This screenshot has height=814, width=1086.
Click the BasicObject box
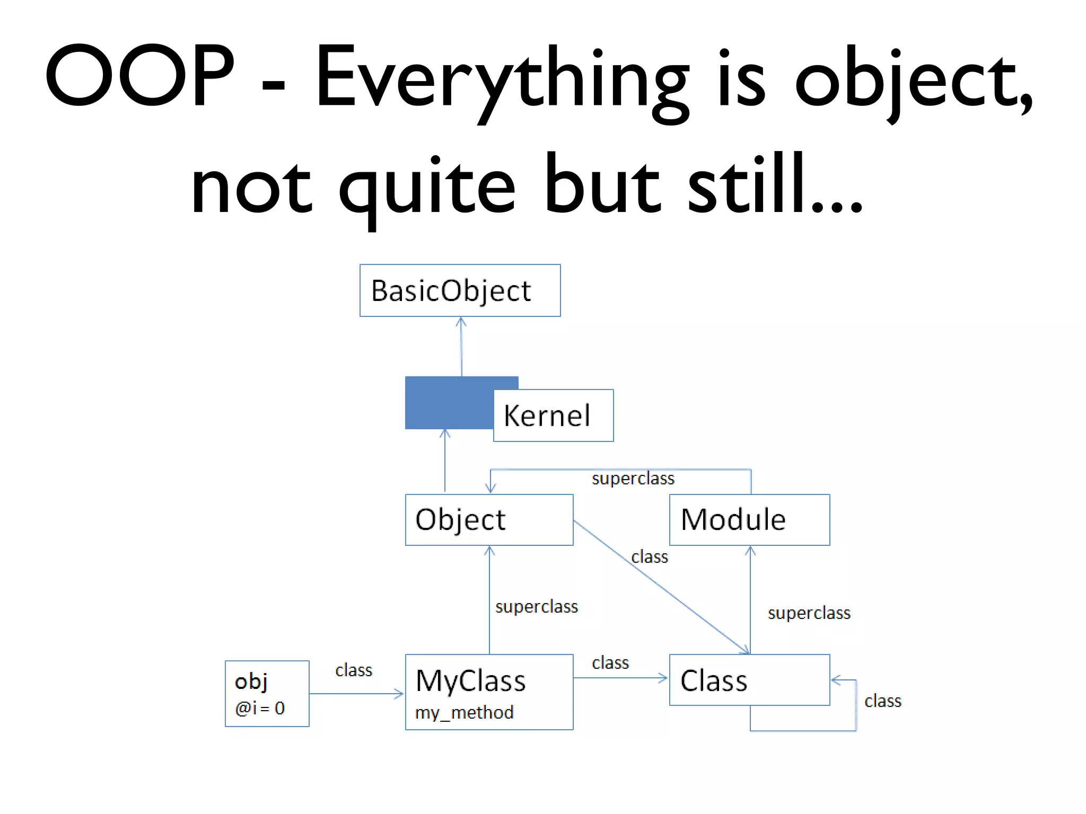coord(460,290)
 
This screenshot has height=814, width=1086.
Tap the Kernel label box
coord(553,415)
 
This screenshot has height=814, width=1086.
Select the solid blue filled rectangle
coord(448,403)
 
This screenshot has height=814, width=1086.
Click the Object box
coord(489,519)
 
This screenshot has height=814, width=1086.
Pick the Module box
coord(749,519)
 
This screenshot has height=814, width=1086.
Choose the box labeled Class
coord(749,680)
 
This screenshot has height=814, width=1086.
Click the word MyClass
coord(470,680)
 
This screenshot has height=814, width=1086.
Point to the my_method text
coord(464,712)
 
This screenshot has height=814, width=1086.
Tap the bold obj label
coord(251,682)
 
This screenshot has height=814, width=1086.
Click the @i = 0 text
coord(260,708)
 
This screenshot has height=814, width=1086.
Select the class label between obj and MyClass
coord(354,670)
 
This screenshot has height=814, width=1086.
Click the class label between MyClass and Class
coord(610,663)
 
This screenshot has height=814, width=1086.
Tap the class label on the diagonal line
coord(650,557)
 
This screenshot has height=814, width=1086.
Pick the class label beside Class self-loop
coord(883,701)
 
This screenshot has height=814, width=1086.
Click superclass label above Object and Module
coord(633,479)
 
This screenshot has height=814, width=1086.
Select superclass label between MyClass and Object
coord(537,607)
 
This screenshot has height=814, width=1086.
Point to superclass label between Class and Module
coord(809,613)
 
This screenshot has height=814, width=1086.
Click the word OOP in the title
coord(139,75)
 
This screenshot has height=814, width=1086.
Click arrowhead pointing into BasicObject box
coord(461,321)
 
